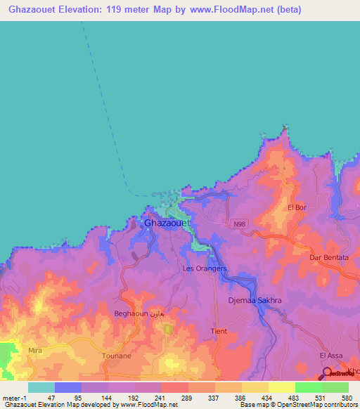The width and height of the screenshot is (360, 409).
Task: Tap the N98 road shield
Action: tap(240, 223)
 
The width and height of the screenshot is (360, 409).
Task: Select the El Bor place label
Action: tap(297, 208)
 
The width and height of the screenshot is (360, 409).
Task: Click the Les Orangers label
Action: tap(205, 268)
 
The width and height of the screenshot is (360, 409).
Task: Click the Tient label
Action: tap(219, 330)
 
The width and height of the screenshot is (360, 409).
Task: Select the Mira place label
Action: tap(35, 349)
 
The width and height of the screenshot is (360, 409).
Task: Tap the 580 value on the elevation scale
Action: tap(345, 397)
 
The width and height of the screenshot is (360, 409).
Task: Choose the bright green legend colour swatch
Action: tap(308, 387)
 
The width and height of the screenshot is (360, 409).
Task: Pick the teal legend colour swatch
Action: tap(41, 387)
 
